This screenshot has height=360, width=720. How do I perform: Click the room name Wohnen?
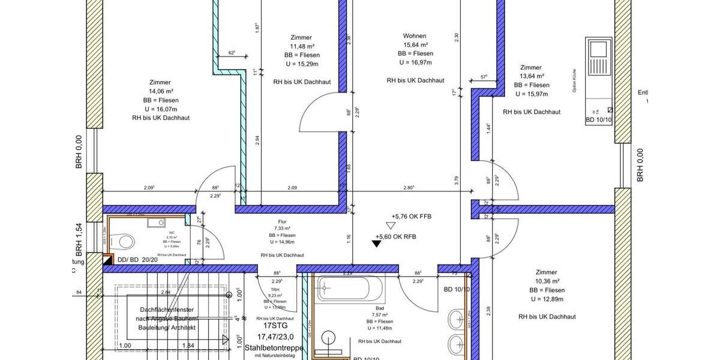click(415, 36)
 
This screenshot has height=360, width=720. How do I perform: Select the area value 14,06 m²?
click(160, 91)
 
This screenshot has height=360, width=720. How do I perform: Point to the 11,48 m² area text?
click(301, 46)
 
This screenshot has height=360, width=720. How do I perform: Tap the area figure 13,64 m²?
click(531, 76)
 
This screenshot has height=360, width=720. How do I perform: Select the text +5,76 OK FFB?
click(411, 216)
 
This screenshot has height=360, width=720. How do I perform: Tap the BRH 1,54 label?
click(79, 237)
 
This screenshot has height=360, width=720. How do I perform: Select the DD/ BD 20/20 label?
click(137, 260)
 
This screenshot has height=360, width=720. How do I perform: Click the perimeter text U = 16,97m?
click(415, 62)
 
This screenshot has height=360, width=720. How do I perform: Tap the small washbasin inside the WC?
click(160, 223)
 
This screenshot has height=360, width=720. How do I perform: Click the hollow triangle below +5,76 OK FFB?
click(391, 226)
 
